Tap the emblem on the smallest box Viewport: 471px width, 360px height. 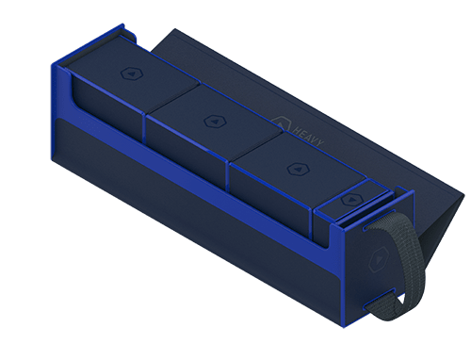click(x=349, y=199)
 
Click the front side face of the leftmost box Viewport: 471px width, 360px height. click(x=104, y=113)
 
